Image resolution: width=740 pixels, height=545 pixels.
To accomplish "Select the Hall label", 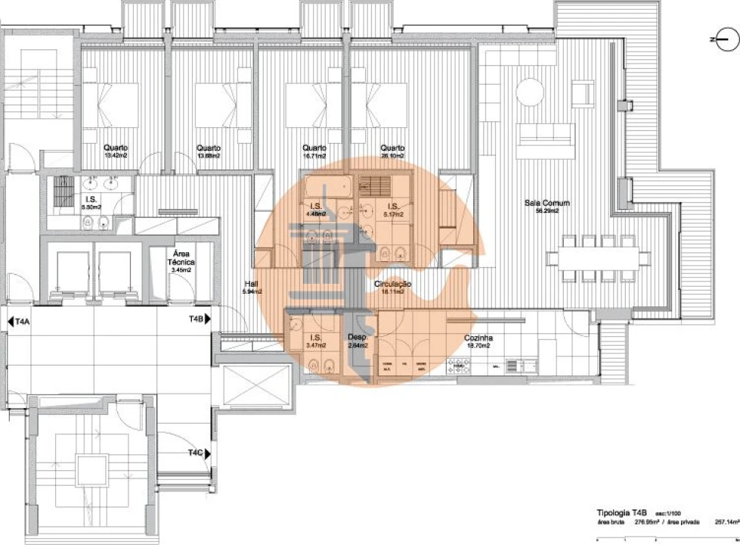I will [x=251, y=283].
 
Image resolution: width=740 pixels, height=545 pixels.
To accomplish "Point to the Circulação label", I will [x=392, y=283].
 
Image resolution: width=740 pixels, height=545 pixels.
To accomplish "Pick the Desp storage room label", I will [x=357, y=338].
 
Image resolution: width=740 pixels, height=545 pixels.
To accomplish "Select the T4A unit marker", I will [x=22, y=322].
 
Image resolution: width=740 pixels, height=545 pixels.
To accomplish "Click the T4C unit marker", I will [x=196, y=453].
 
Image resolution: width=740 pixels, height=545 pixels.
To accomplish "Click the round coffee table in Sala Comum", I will [x=527, y=94].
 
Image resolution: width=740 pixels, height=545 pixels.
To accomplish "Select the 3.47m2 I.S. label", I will [x=314, y=345].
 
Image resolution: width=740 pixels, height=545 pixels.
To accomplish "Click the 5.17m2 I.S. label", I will [x=393, y=214].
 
